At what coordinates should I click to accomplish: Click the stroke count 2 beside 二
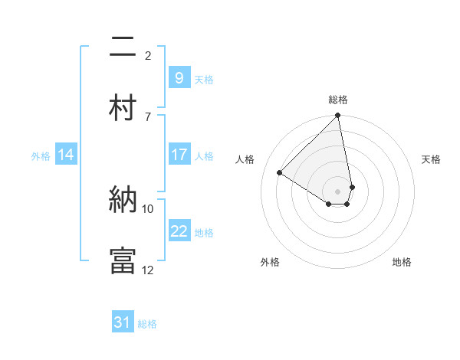[x=148, y=55]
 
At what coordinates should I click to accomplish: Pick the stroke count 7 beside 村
[x=148, y=116]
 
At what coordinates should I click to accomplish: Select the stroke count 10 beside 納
[x=148, y=208]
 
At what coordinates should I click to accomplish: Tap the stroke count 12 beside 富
[x=148, y=270]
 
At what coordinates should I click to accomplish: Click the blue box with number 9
[x=179, y=77]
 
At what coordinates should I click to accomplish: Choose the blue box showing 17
[x=179, y=154]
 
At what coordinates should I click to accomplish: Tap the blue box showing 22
[x=179, y=231]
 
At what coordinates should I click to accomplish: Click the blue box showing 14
[x=66, y=155]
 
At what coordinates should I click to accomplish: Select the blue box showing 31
[x=123, y=322]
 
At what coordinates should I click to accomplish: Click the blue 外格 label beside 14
[x=41, y=155]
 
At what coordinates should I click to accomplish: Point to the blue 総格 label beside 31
[x=147, y=324]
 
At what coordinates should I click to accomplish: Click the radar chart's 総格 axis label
[x=338, y=100]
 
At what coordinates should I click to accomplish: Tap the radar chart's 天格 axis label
[x=432, y=159]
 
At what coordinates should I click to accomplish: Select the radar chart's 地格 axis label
[x=402, y=262]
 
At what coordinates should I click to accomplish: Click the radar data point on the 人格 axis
[x=280, y=172]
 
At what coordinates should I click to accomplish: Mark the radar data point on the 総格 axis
[x=338, y=116]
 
